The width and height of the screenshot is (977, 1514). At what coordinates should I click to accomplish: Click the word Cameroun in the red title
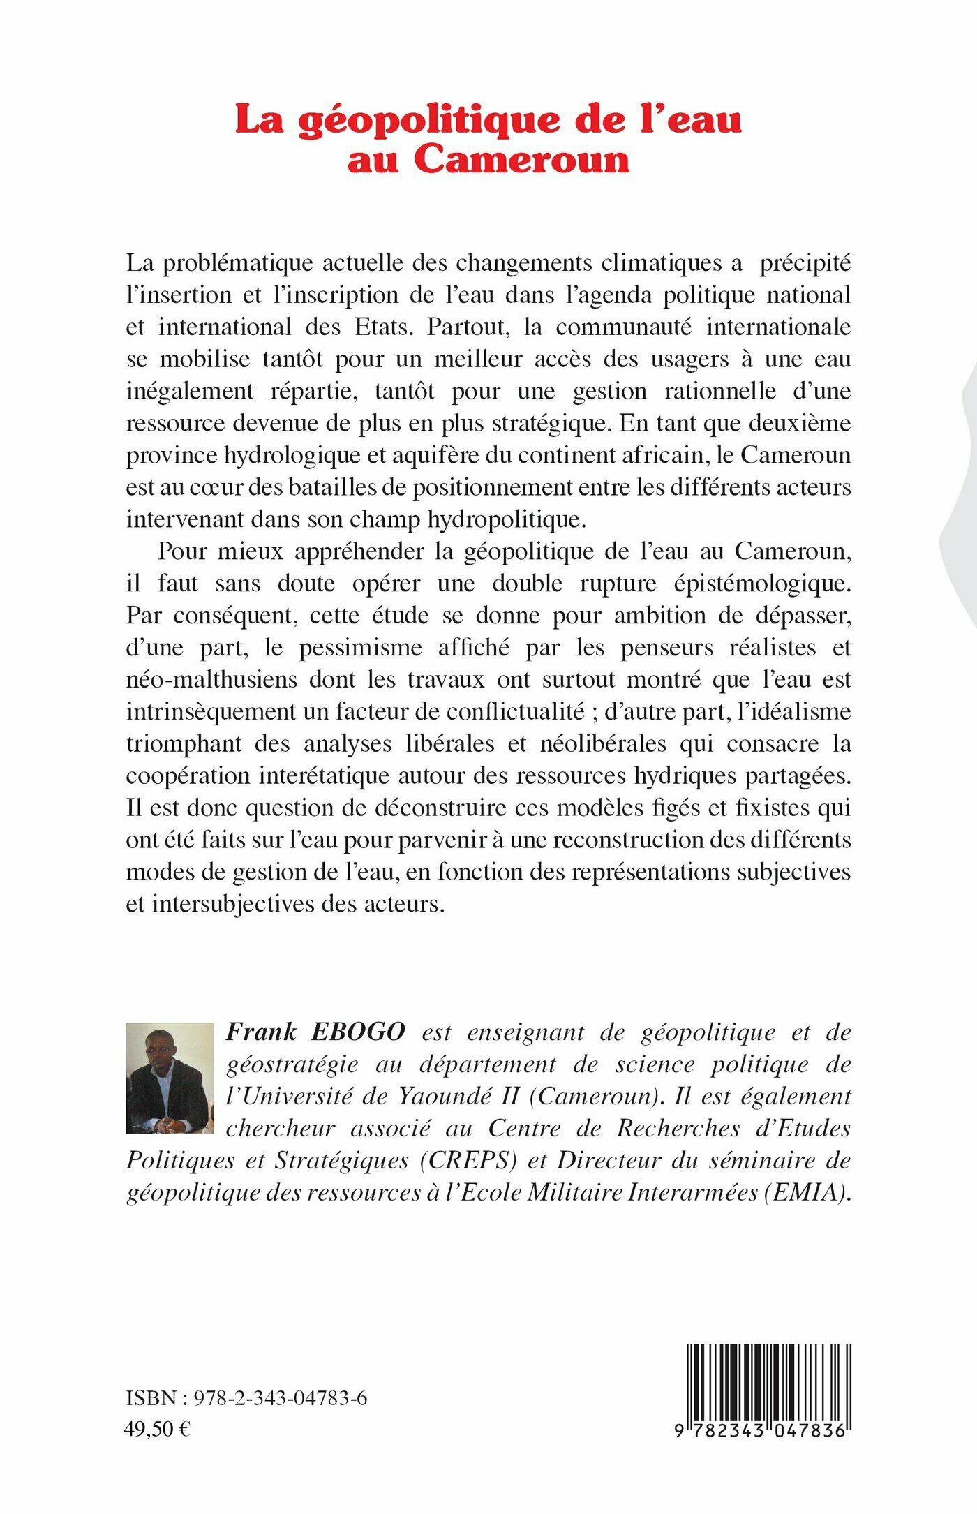522,160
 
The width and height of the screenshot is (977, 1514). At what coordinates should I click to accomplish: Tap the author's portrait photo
170,1078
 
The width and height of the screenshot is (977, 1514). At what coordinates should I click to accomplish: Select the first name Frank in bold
262,1032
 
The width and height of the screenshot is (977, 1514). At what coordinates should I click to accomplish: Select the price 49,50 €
157,1429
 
